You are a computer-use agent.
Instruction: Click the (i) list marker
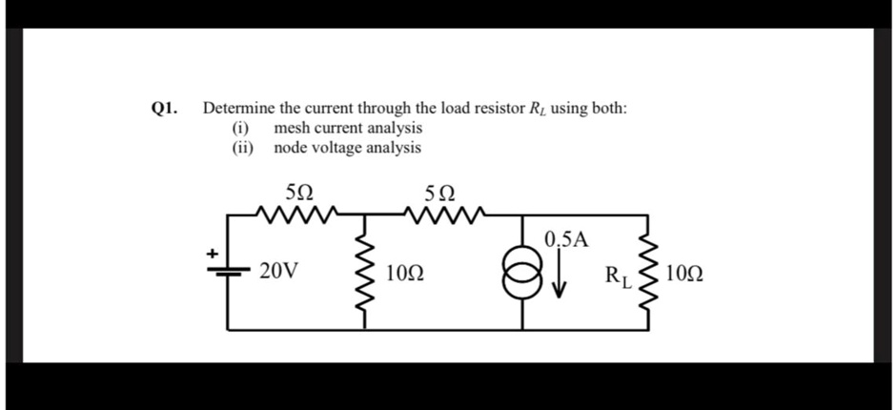[241, 128]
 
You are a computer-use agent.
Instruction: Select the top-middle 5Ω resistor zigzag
[444, 213]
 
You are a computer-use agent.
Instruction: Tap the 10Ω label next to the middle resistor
[404, 276]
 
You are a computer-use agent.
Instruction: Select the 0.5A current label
[567, 238]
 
